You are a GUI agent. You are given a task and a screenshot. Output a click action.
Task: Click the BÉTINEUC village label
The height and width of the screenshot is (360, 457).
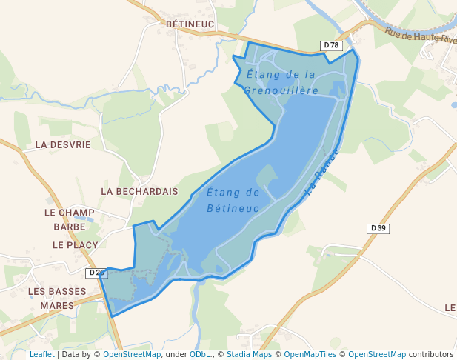coord(190,24)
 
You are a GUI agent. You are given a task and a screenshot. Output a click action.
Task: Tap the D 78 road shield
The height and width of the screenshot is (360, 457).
coord(331,46)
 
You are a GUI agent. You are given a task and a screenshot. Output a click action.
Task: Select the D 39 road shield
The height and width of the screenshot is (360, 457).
coord(378,228)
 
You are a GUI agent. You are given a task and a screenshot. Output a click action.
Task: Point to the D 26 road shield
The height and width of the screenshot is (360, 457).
coord(96,273)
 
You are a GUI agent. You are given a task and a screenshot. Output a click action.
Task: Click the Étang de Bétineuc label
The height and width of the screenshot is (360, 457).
coord(233,200)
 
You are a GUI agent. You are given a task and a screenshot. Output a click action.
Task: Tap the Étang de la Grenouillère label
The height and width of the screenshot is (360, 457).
coord(281,82)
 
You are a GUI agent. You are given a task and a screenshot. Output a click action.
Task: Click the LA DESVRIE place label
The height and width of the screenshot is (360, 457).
coord(63,144)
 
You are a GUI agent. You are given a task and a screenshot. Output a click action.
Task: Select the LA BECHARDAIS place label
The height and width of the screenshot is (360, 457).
coord(139,191)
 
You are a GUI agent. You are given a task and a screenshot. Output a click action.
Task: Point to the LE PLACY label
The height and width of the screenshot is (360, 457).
coord(75,244)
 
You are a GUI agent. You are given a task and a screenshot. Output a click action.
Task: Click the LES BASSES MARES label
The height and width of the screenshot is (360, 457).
coord(57,298)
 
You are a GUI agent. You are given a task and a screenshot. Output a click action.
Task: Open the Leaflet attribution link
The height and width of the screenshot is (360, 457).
coord(41,354)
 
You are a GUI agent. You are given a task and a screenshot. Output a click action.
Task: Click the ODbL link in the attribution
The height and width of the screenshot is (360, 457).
coord(200,354)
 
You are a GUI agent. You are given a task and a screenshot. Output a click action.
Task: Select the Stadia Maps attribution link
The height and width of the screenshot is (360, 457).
coord(250,354)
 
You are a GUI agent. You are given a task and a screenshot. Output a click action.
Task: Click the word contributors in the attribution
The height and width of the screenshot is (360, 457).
coord(431,354)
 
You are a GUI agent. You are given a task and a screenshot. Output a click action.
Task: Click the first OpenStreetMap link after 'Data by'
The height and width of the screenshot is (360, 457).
coord(132,354)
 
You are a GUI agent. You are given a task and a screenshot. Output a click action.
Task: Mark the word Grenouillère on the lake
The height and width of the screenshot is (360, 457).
coord(281,90)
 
